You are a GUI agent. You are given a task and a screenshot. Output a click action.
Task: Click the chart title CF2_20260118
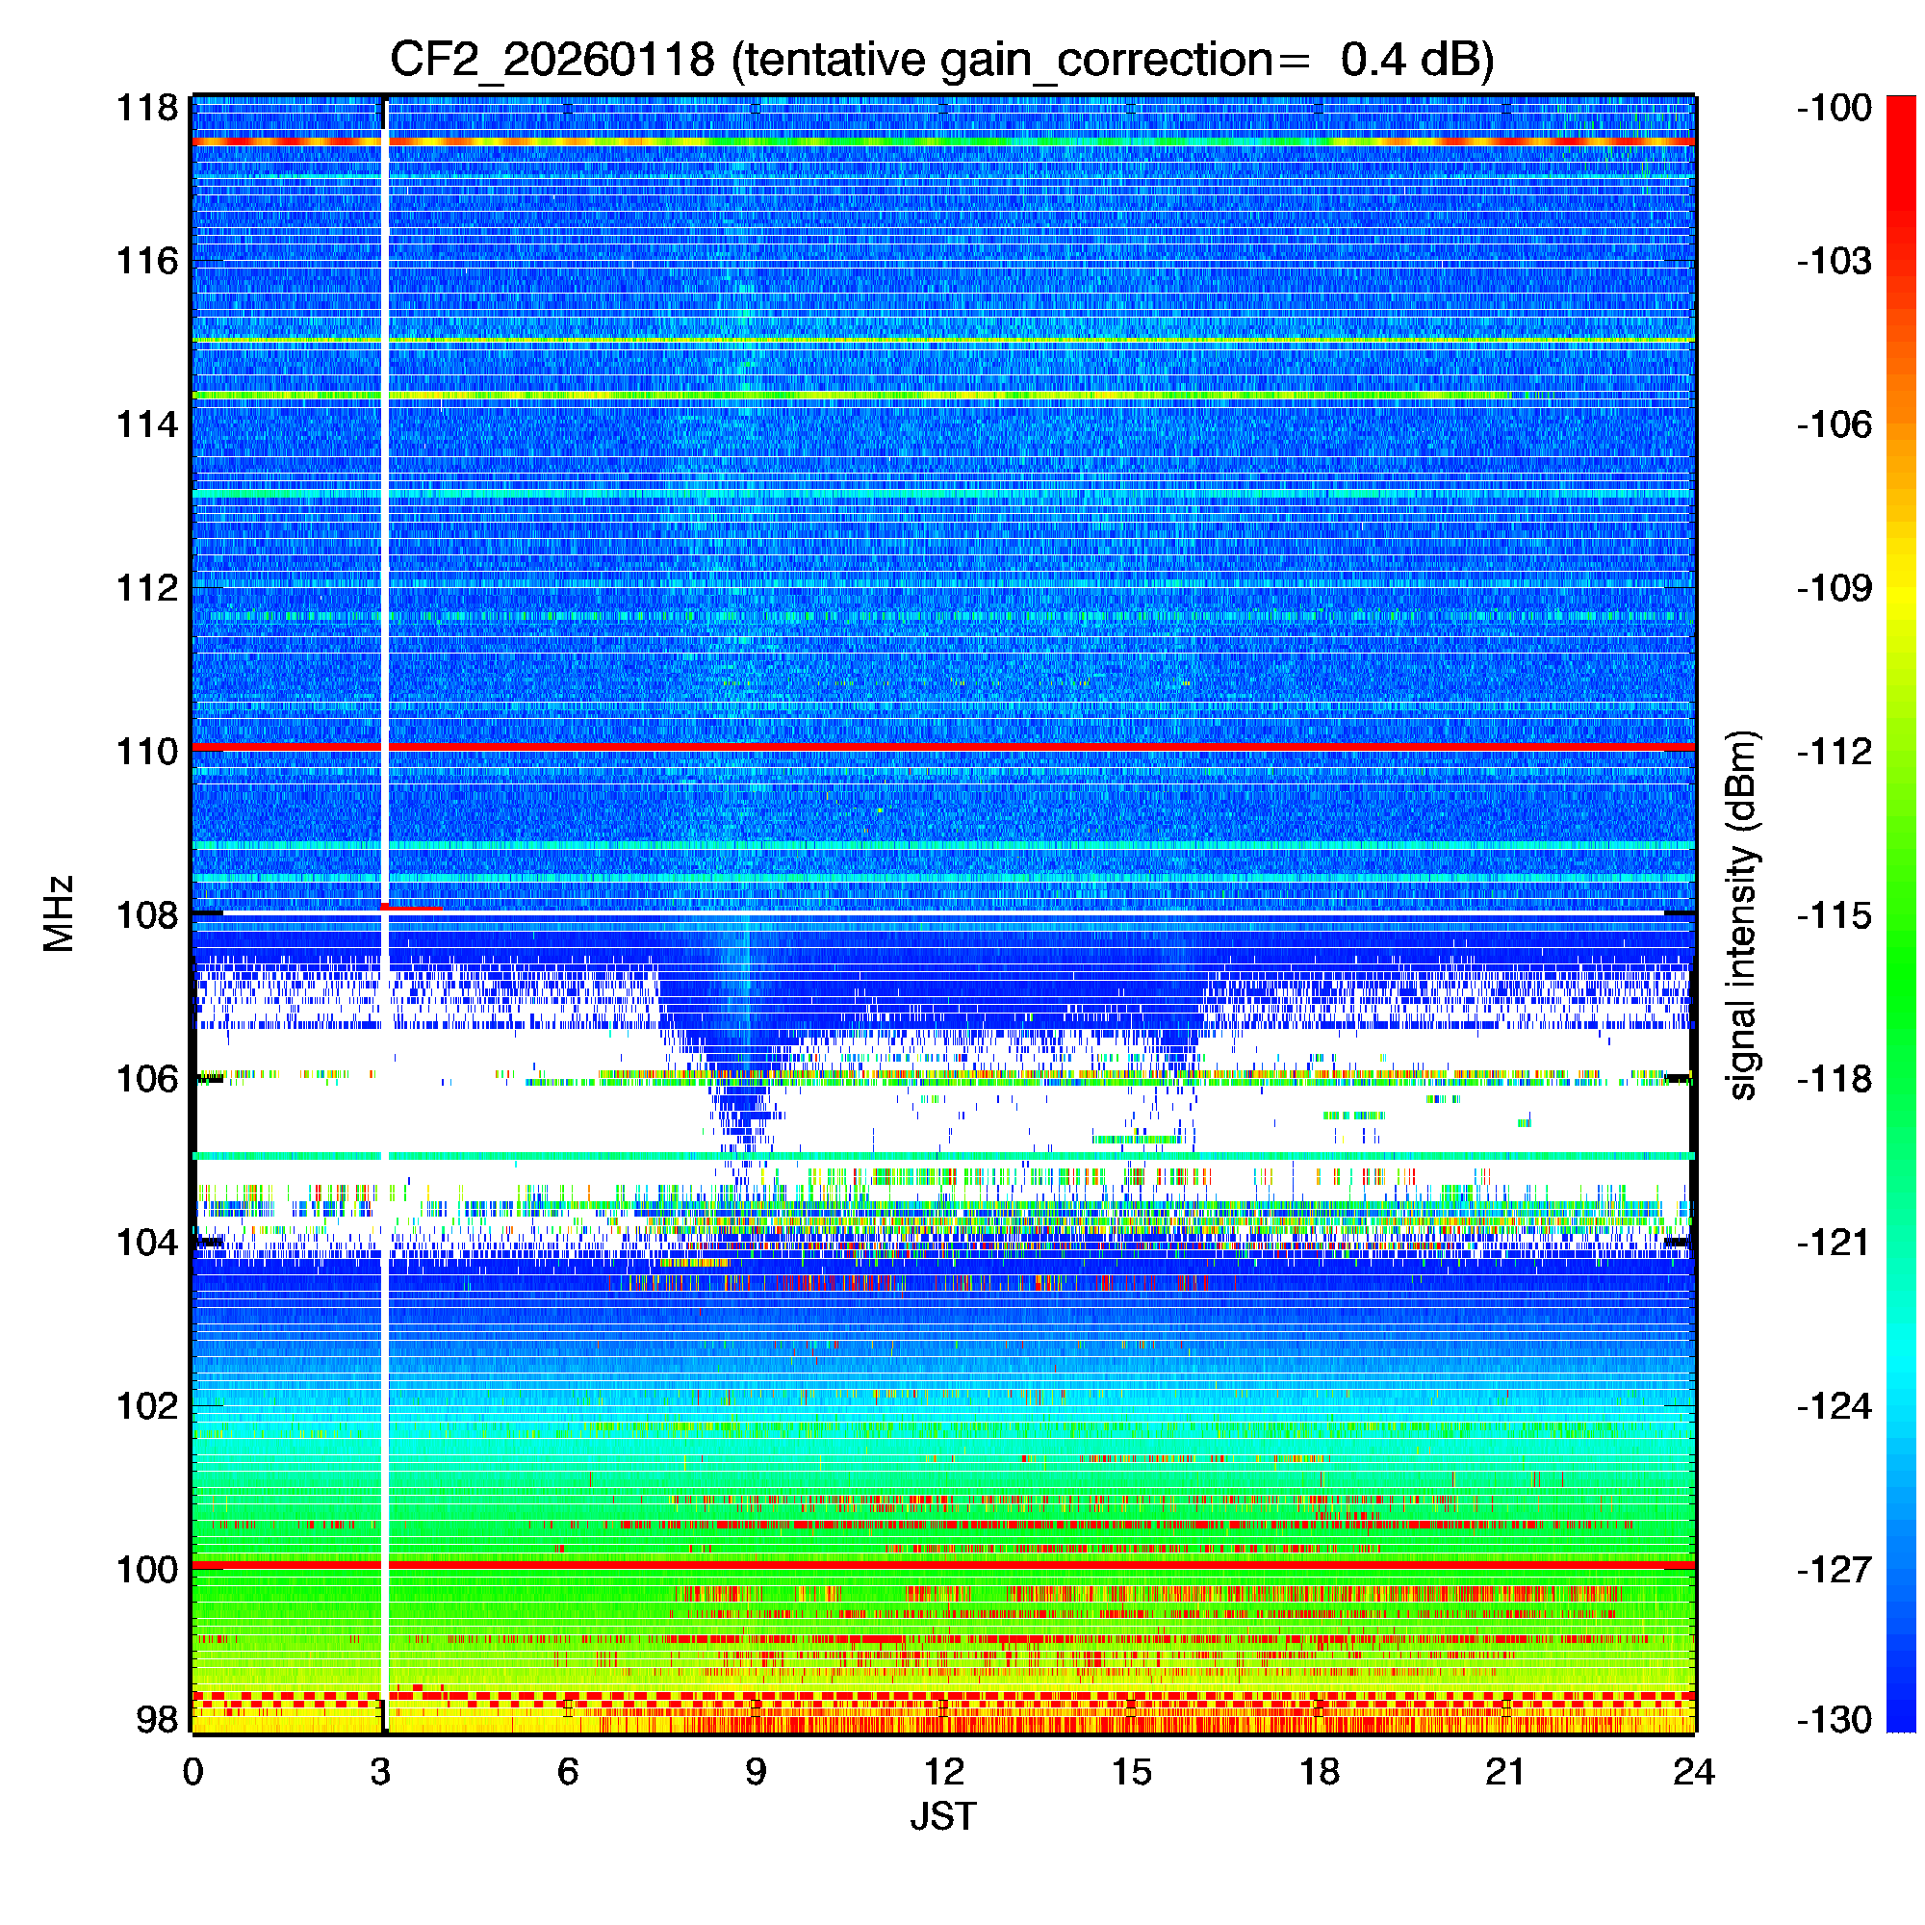click(x=551, y=60)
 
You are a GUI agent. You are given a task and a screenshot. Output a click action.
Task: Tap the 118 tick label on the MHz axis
click(x=146, y=108)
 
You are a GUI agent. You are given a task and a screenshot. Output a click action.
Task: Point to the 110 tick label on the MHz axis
click(x=146, y=752)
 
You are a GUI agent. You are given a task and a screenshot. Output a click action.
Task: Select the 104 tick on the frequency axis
click(x=146, y=1243)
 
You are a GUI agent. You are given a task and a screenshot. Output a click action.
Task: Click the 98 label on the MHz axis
click(x=157, y=1719)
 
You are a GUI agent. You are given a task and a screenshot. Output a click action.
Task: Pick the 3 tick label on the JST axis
click(x=380, y=1772)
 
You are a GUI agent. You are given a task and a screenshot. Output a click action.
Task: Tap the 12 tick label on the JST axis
click(x=942, y=1772)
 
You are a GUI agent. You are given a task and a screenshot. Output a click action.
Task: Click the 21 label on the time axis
click(x=1505, y=1772)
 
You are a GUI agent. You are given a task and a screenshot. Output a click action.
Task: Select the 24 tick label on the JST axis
click(x=1694, y=1772)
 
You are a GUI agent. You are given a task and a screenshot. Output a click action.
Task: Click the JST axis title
click(x=942, y=1816)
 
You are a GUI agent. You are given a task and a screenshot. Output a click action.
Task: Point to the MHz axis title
click(x=59, y=913)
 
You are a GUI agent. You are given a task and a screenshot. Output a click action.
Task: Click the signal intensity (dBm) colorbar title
click(x=1743, y=914)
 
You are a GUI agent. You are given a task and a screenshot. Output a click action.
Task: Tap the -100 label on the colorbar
click(x=1835, y=108)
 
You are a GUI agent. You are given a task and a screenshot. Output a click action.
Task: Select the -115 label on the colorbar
click(x=1835, y=914)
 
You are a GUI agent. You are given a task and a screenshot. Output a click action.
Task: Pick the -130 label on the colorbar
click(x=1835, y=1720)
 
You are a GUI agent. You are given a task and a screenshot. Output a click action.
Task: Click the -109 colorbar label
click(x=1835, y=588)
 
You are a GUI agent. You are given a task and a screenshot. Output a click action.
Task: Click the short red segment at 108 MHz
click(x=413, y=907)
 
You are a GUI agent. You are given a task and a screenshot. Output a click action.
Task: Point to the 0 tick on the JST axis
click(x=193, y=1772)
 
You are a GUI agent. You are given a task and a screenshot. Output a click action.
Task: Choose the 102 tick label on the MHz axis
click(x=146, y=1406)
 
